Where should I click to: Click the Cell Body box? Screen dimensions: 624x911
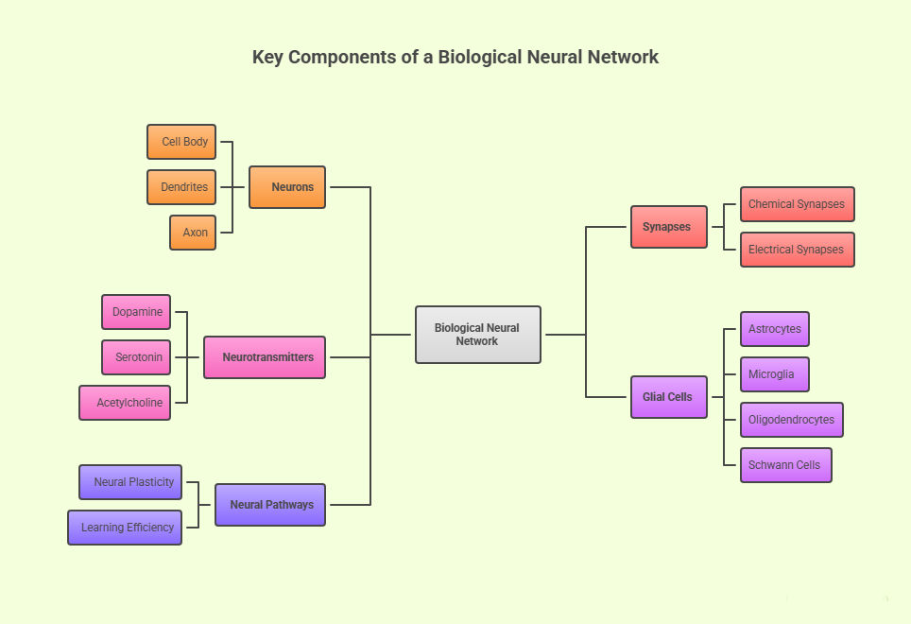coord(181,142)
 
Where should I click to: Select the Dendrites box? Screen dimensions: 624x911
coord(181,187)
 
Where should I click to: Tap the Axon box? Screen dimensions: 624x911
coord(193,233)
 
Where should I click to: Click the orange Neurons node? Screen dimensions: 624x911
coord(287,187)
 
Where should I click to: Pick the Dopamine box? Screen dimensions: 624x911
coord(136,312)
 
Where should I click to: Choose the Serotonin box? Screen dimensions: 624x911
coord(136,357)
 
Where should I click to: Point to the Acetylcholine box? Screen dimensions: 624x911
coord(125,403)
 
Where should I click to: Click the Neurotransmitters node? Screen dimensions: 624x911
coord(265,357)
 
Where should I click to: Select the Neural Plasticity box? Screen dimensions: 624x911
coord(130,482)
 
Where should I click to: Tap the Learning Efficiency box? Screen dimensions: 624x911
coord(125,528)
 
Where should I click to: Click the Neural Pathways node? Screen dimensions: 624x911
coord(270,505)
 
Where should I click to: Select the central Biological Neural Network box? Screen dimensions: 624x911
coord(478,335)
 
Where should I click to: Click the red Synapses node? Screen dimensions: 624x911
coord(669,227)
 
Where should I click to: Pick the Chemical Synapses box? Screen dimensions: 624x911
coord(798,204)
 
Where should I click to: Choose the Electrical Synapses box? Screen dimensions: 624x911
coord(798,250)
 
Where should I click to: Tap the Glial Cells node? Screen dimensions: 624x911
coord(669,397)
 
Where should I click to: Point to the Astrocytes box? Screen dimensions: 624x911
coord(775,329)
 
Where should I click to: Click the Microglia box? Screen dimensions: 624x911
coord(775,374)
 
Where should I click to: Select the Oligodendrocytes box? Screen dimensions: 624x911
coord(792,420)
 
